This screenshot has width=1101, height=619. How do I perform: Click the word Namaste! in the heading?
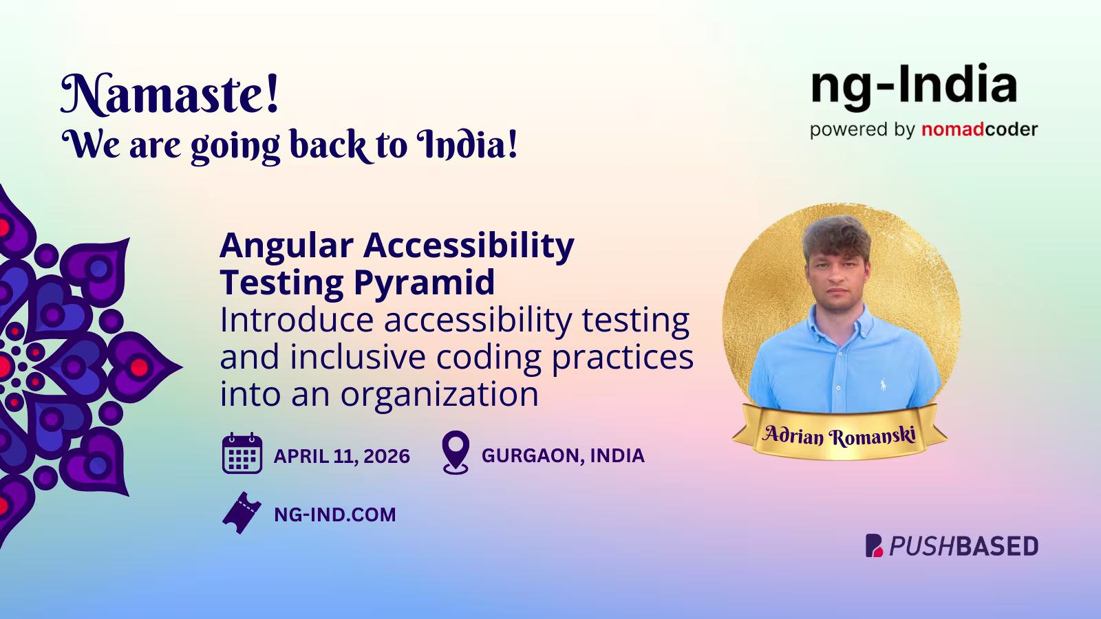point(170,95)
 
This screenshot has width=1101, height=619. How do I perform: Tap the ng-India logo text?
point(914,86)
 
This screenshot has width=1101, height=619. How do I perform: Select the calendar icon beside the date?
point(242,454)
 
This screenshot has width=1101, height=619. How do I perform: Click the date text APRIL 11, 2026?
point(341,456)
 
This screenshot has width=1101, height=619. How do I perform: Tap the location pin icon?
point(456,452)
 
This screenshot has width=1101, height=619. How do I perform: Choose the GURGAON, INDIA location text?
point(563,456)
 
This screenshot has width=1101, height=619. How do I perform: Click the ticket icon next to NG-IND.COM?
point(242,513)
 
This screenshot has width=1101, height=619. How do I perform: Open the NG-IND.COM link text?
point(335,514)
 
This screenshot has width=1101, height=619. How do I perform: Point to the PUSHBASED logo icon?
point(874,545)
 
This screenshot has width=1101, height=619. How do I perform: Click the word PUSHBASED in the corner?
point(963,546)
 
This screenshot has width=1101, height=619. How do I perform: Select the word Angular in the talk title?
point(286,245)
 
